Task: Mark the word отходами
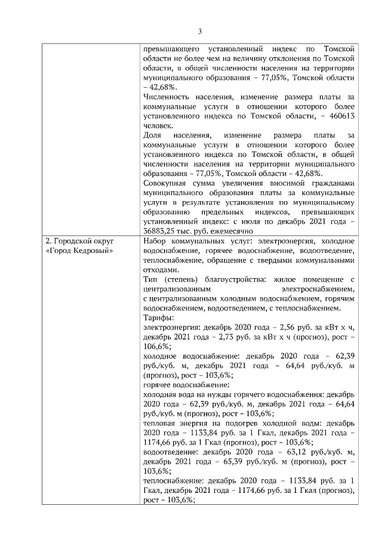click(161, 269)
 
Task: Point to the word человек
click(157, 125)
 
